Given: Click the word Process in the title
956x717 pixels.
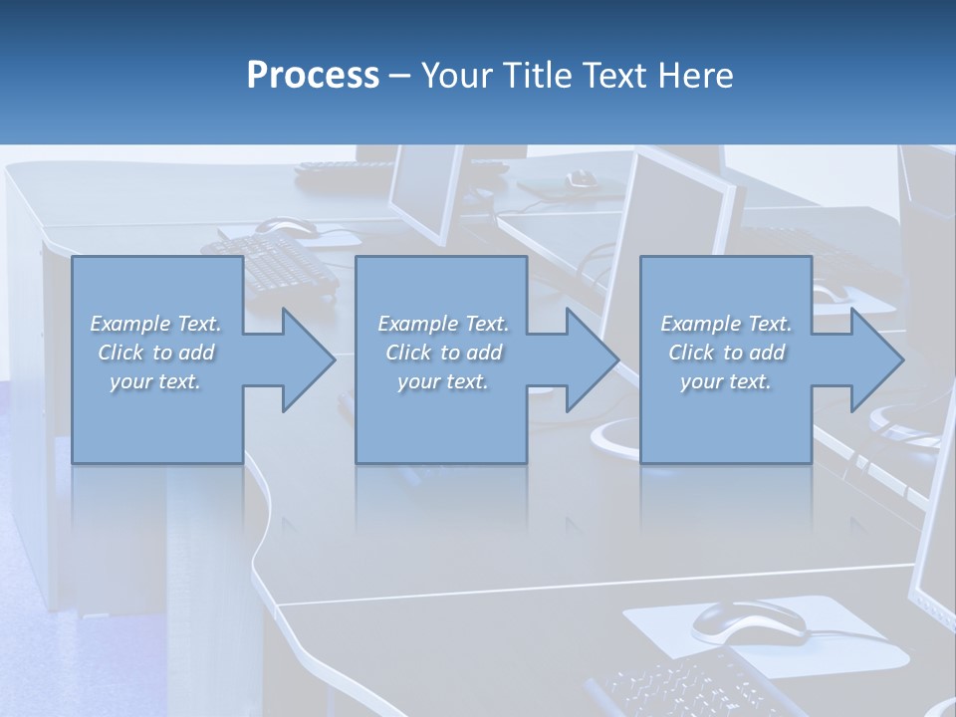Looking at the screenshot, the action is [x=313, y=76].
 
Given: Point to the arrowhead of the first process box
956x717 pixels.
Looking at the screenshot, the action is [x=308, y=359].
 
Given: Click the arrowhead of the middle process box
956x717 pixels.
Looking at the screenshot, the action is [x=592, y=359].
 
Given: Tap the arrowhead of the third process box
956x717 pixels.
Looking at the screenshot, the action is [x=876, y=359].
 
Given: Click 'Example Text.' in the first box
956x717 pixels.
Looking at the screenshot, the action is [x=155, y=324].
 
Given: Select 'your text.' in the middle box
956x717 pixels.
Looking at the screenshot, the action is [x=442, y=382].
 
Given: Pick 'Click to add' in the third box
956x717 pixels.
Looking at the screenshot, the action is [x=727, y=353].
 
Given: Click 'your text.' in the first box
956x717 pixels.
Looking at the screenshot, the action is [x=155, y=382].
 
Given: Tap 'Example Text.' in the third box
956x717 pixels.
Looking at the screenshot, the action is [x=727, y=324].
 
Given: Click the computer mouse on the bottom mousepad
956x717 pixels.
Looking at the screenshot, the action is [x=748, y=622].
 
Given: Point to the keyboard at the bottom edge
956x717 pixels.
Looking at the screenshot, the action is [x=677, y=687].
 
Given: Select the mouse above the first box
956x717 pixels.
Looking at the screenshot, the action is [x=290, y=229].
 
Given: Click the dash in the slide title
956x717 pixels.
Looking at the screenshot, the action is [x=400, y=76].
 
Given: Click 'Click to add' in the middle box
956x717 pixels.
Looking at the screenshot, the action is [x=442, y=353].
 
